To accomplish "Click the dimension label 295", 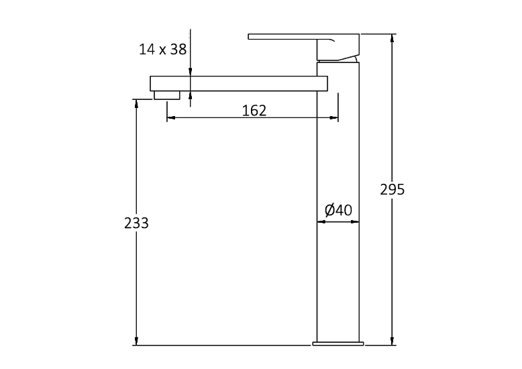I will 393,190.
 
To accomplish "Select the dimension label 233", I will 136,223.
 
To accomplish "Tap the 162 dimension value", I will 254,111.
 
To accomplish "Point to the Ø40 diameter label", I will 338,210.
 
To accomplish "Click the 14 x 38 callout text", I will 162,49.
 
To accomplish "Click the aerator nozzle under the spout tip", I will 167,95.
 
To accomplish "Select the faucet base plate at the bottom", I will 338,344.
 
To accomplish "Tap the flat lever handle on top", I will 282,36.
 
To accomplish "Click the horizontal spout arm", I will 238,83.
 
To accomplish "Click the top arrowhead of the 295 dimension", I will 392,38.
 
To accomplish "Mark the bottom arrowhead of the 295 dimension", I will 392,341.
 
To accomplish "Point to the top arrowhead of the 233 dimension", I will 137,103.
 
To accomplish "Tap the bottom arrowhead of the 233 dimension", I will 137,341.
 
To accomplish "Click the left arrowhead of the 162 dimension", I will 170,118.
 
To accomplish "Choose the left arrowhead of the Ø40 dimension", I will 320,221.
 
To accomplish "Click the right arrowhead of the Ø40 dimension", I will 356,221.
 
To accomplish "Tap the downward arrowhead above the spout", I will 191,72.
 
